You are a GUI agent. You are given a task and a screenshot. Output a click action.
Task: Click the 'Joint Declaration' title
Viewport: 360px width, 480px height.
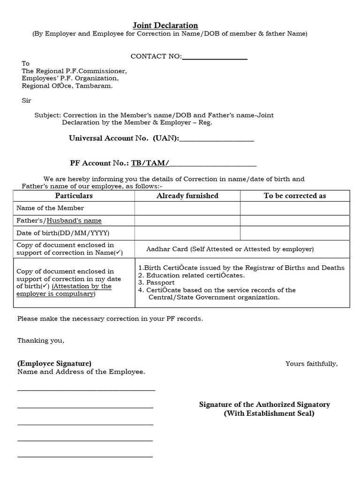point(163,25)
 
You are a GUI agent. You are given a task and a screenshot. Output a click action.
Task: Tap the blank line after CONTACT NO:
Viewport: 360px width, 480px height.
point(214,57)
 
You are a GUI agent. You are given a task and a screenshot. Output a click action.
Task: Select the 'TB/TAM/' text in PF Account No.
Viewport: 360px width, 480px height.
point(149,163)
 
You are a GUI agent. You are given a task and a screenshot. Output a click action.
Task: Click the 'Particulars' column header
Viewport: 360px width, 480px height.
point(74,196)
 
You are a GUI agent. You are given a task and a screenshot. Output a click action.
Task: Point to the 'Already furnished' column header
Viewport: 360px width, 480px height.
point(187,196)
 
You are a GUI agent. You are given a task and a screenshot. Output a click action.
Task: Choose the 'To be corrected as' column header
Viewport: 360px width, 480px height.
point(295,196)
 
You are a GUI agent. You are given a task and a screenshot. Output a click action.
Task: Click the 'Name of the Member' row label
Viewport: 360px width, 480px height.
point(50,208)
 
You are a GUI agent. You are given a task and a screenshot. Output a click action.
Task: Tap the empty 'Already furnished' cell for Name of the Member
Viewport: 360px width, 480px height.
point(187,208)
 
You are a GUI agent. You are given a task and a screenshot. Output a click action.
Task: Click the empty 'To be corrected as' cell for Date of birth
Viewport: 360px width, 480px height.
point(295,233)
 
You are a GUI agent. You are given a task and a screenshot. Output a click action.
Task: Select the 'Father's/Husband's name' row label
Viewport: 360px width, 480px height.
point(59,221)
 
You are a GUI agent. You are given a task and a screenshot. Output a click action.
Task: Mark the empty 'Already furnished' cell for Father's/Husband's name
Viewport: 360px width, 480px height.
point(187,221)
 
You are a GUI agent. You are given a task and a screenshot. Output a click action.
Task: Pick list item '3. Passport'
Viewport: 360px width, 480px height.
point(157,283)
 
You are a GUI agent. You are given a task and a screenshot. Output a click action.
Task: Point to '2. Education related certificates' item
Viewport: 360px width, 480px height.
point(191,275)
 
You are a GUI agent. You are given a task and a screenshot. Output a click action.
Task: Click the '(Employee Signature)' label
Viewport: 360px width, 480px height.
point(54,364)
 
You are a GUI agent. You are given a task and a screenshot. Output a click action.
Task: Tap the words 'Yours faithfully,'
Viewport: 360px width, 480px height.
point(311,364)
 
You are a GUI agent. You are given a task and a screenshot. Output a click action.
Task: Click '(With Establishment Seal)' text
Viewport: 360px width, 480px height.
point(269,413)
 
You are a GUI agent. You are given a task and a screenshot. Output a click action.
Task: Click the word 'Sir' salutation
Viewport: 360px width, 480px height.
point(26,100)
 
